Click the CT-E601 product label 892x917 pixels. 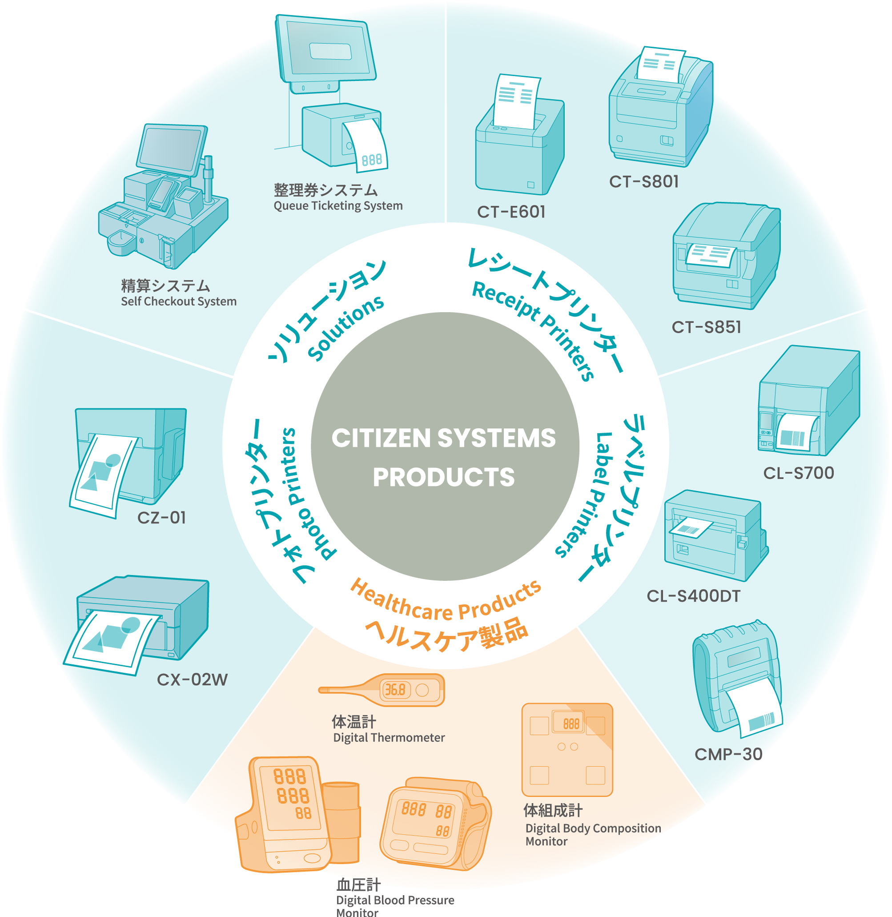(511, 212)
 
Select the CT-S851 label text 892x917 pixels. (706, 327)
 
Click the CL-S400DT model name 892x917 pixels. (693, 596)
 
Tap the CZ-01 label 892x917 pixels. (161, 518)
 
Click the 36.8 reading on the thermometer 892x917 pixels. (395, 690)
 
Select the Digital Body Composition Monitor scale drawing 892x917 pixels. (567, 749)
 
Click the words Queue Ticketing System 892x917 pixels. (338, 206)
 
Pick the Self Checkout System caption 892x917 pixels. (178, 301)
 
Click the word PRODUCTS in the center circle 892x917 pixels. (443, 477)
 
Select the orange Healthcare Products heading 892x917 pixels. (446, 602)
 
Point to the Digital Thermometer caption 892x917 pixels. (388, 737)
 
